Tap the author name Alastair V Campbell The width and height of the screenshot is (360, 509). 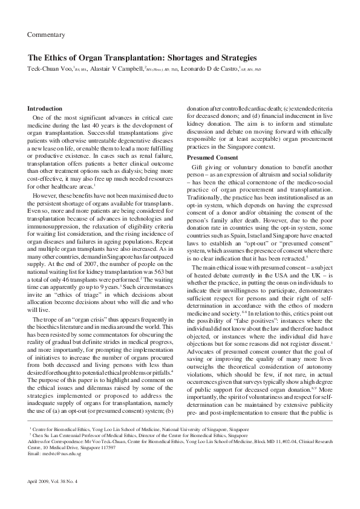click(117, 69)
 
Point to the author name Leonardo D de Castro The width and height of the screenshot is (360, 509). click(209, 69)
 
